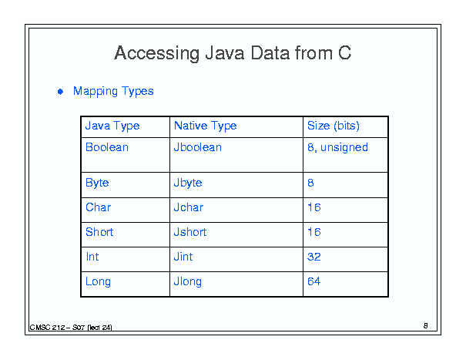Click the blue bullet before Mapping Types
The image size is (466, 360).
pos(60,92)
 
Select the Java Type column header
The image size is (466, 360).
pos(112,126)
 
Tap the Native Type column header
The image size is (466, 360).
pos(205,126)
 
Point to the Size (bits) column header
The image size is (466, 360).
pos(334,126)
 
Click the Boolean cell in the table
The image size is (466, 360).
pos(107,147)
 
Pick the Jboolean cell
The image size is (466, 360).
pos(198,147)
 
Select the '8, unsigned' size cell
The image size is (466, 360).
pos(337,147)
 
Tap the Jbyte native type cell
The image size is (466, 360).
pos(188,183)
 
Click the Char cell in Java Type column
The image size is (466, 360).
pos(98,207)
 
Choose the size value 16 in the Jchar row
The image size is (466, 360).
pos(314,207)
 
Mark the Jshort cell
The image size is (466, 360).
pos(190,232)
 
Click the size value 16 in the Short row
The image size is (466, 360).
pos(314,232)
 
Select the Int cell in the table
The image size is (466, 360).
pos(92,257)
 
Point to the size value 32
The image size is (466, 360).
pos(314,257)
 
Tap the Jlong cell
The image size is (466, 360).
pos(187,281)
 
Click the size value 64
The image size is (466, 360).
pos(313,281)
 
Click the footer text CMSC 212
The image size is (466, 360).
pos(47,328)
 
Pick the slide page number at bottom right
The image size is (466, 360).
pos(426,326)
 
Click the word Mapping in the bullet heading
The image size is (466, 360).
pos(96,91)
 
